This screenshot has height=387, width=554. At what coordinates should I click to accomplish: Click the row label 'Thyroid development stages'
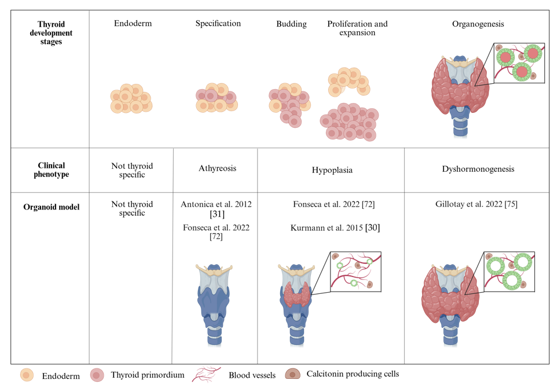point(51,33)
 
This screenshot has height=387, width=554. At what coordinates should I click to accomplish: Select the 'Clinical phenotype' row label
point(51,169)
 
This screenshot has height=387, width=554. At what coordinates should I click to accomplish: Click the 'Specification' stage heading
point(218,24)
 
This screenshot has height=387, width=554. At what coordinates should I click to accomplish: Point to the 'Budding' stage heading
point(291,24)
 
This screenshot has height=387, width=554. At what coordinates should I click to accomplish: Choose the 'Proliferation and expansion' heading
point(357,28)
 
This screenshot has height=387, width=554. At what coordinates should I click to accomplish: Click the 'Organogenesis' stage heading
point(478,24)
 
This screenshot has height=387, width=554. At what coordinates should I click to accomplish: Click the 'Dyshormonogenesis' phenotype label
point(478,169)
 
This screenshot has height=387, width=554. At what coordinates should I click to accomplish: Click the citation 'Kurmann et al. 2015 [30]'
point(335,228)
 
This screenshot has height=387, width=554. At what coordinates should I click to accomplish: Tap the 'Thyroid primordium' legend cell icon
point(97,375)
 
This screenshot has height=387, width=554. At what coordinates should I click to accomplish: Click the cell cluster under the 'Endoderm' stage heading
point(130,99)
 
